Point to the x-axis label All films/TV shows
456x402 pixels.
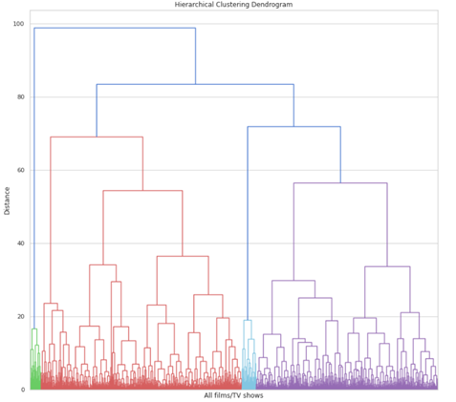(x=233, y=395)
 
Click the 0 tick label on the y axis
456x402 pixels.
(x=23, y=390)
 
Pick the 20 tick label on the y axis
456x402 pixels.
(x=20, y=316)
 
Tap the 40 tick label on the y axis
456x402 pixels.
(x=20, y=243)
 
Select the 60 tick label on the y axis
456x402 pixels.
(x=20, y=170)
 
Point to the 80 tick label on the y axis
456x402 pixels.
(x=20, y=97)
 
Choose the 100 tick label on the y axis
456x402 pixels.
(x=18, y=24)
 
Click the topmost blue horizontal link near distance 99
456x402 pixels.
(x=115, y=28)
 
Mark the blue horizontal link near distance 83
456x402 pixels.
(x=195, y=85)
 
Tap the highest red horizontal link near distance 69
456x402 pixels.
(x=96, y=137)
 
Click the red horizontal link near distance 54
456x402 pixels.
(x=142, y=191)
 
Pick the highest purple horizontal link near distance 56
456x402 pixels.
(x=339, y=183)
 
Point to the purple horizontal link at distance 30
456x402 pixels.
(x=293, y=281)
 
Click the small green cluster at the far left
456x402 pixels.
(x=35, y=368)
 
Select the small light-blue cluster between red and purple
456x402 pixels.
(x=249, y=368)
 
